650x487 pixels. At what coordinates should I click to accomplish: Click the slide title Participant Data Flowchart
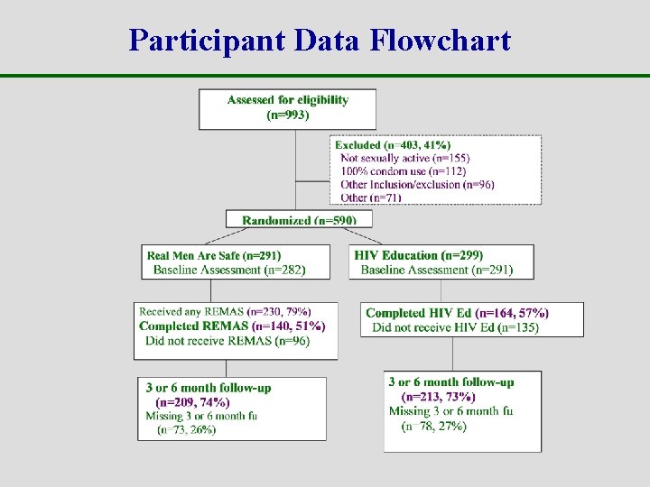(x=320, y=41)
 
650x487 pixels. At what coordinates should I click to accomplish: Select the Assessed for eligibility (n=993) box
(x=287, y=107)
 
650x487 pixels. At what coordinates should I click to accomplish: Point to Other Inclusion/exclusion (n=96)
(x=417, y=185)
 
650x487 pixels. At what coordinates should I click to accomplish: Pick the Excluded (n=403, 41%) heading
(x=393, y=144)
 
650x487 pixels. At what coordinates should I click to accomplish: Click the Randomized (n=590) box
(x=299, y=220)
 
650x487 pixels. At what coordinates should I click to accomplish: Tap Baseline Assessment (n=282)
(x=229, y=270)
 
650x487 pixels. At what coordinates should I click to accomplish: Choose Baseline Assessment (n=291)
(x=437, y=270)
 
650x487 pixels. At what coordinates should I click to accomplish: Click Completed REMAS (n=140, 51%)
(x=232, y=326)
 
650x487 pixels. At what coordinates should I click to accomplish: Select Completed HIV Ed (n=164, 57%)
(x=457, y=313)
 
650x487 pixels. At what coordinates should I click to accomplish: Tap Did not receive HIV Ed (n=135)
(x=455, y=326)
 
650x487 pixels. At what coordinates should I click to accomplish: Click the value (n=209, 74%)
(x=192, y=402)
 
